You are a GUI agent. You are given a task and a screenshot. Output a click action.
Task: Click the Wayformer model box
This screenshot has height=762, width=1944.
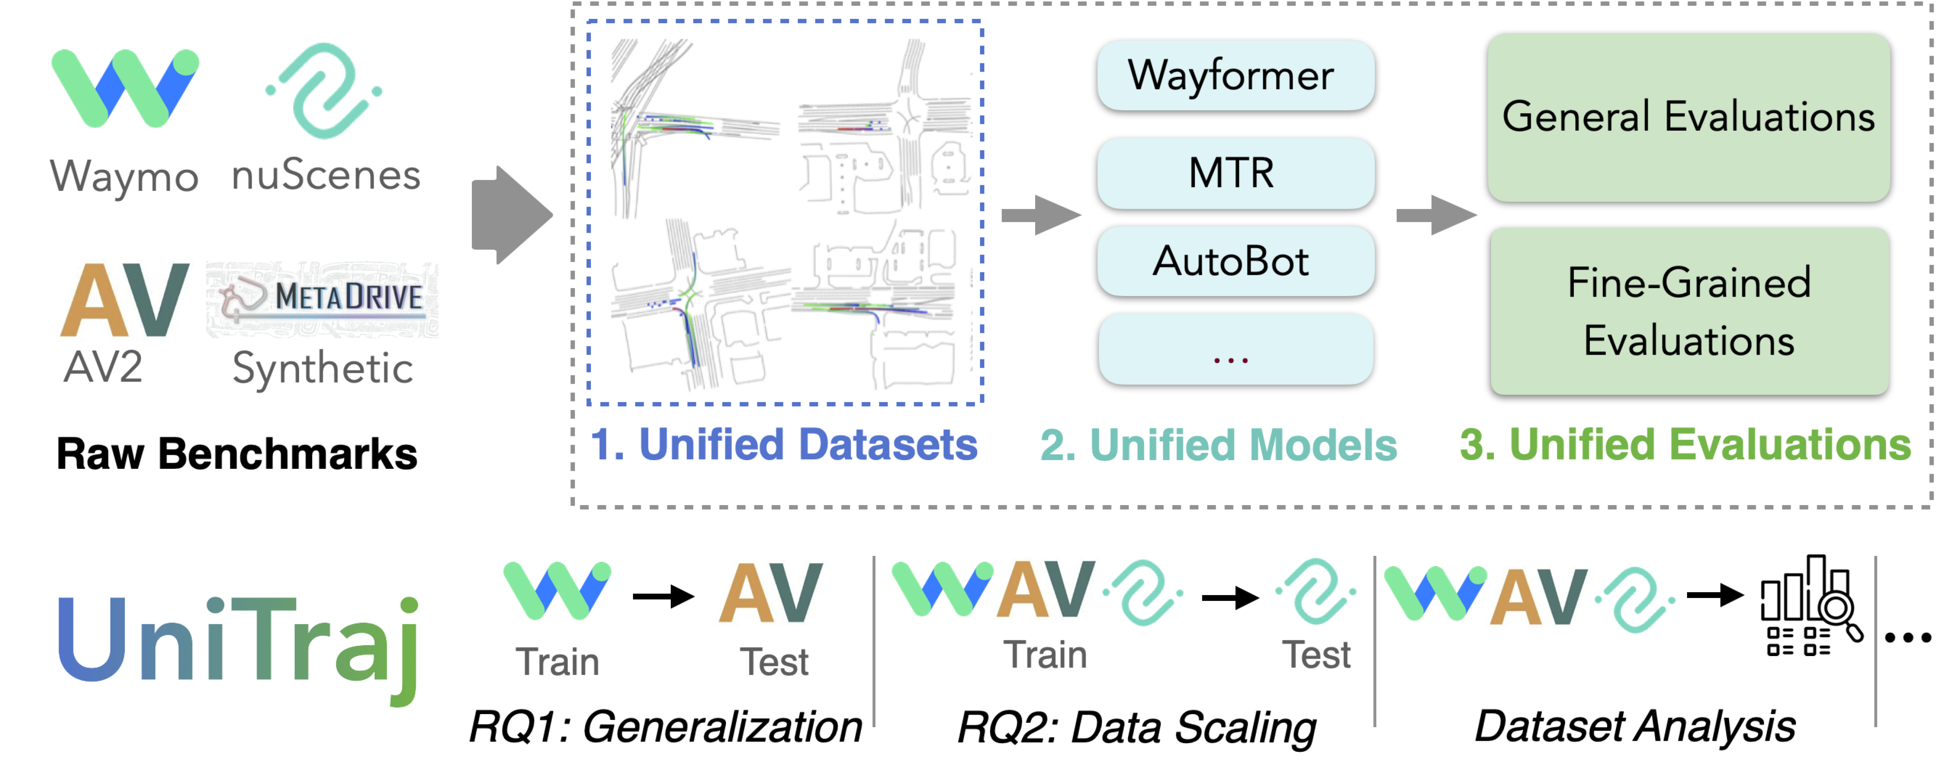tap(1235, 75)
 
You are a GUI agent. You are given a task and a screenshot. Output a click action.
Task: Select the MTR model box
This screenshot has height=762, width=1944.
tap(1235, 173)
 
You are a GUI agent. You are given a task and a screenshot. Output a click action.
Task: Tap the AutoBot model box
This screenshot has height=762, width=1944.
tap(1235, 261)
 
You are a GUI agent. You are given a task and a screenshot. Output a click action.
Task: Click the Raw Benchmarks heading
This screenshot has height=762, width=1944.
tap(237, 453)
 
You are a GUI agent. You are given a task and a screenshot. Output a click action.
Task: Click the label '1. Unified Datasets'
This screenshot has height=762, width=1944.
tap(784, 444)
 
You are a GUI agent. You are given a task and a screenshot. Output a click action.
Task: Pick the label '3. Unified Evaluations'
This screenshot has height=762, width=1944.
tap(1685, 444)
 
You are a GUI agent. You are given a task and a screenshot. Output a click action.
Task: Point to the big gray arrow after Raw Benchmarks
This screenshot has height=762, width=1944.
tap(512, 215)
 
